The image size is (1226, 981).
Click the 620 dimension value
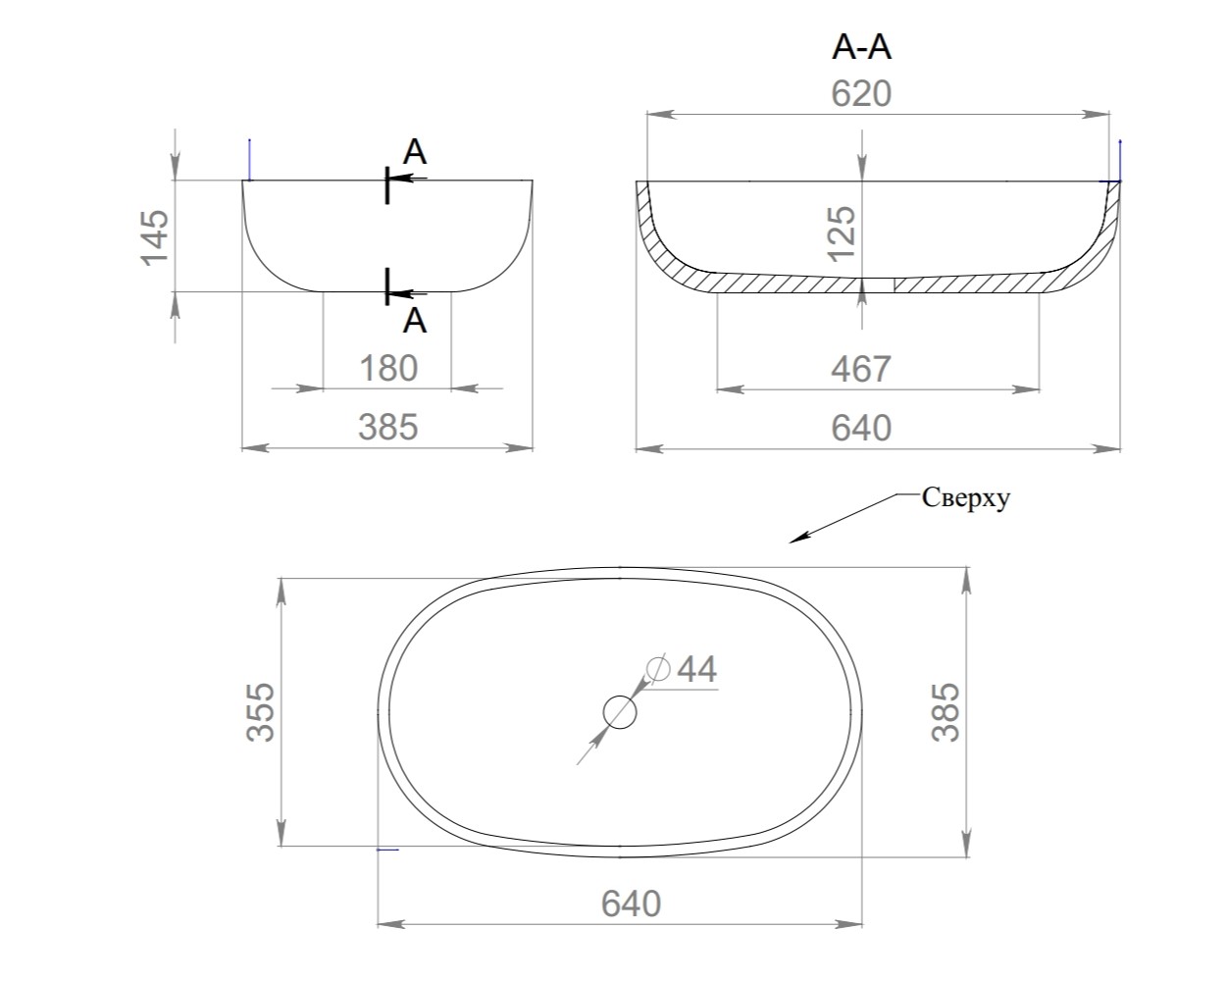[x=861, y=94]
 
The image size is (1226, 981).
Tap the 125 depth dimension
[x=843, y=232]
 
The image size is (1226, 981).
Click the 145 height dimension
[x=155, y=236]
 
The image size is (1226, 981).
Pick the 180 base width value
[x=388, y=369]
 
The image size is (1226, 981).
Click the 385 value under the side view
[x=387, y=428]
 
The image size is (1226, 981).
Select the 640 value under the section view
[x=861, y=429]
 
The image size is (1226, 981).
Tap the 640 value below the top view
[x=631, y=904]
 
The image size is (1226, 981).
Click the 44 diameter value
[x=696, y=669]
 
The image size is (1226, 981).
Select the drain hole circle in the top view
[x=620, y=711]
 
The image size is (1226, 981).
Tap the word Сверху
[x=965, y=498]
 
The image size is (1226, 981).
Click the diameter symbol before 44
[x=658, y=669]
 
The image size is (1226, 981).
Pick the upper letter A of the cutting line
[x=415, y=152]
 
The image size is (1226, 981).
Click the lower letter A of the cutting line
[x=415, y=320]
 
